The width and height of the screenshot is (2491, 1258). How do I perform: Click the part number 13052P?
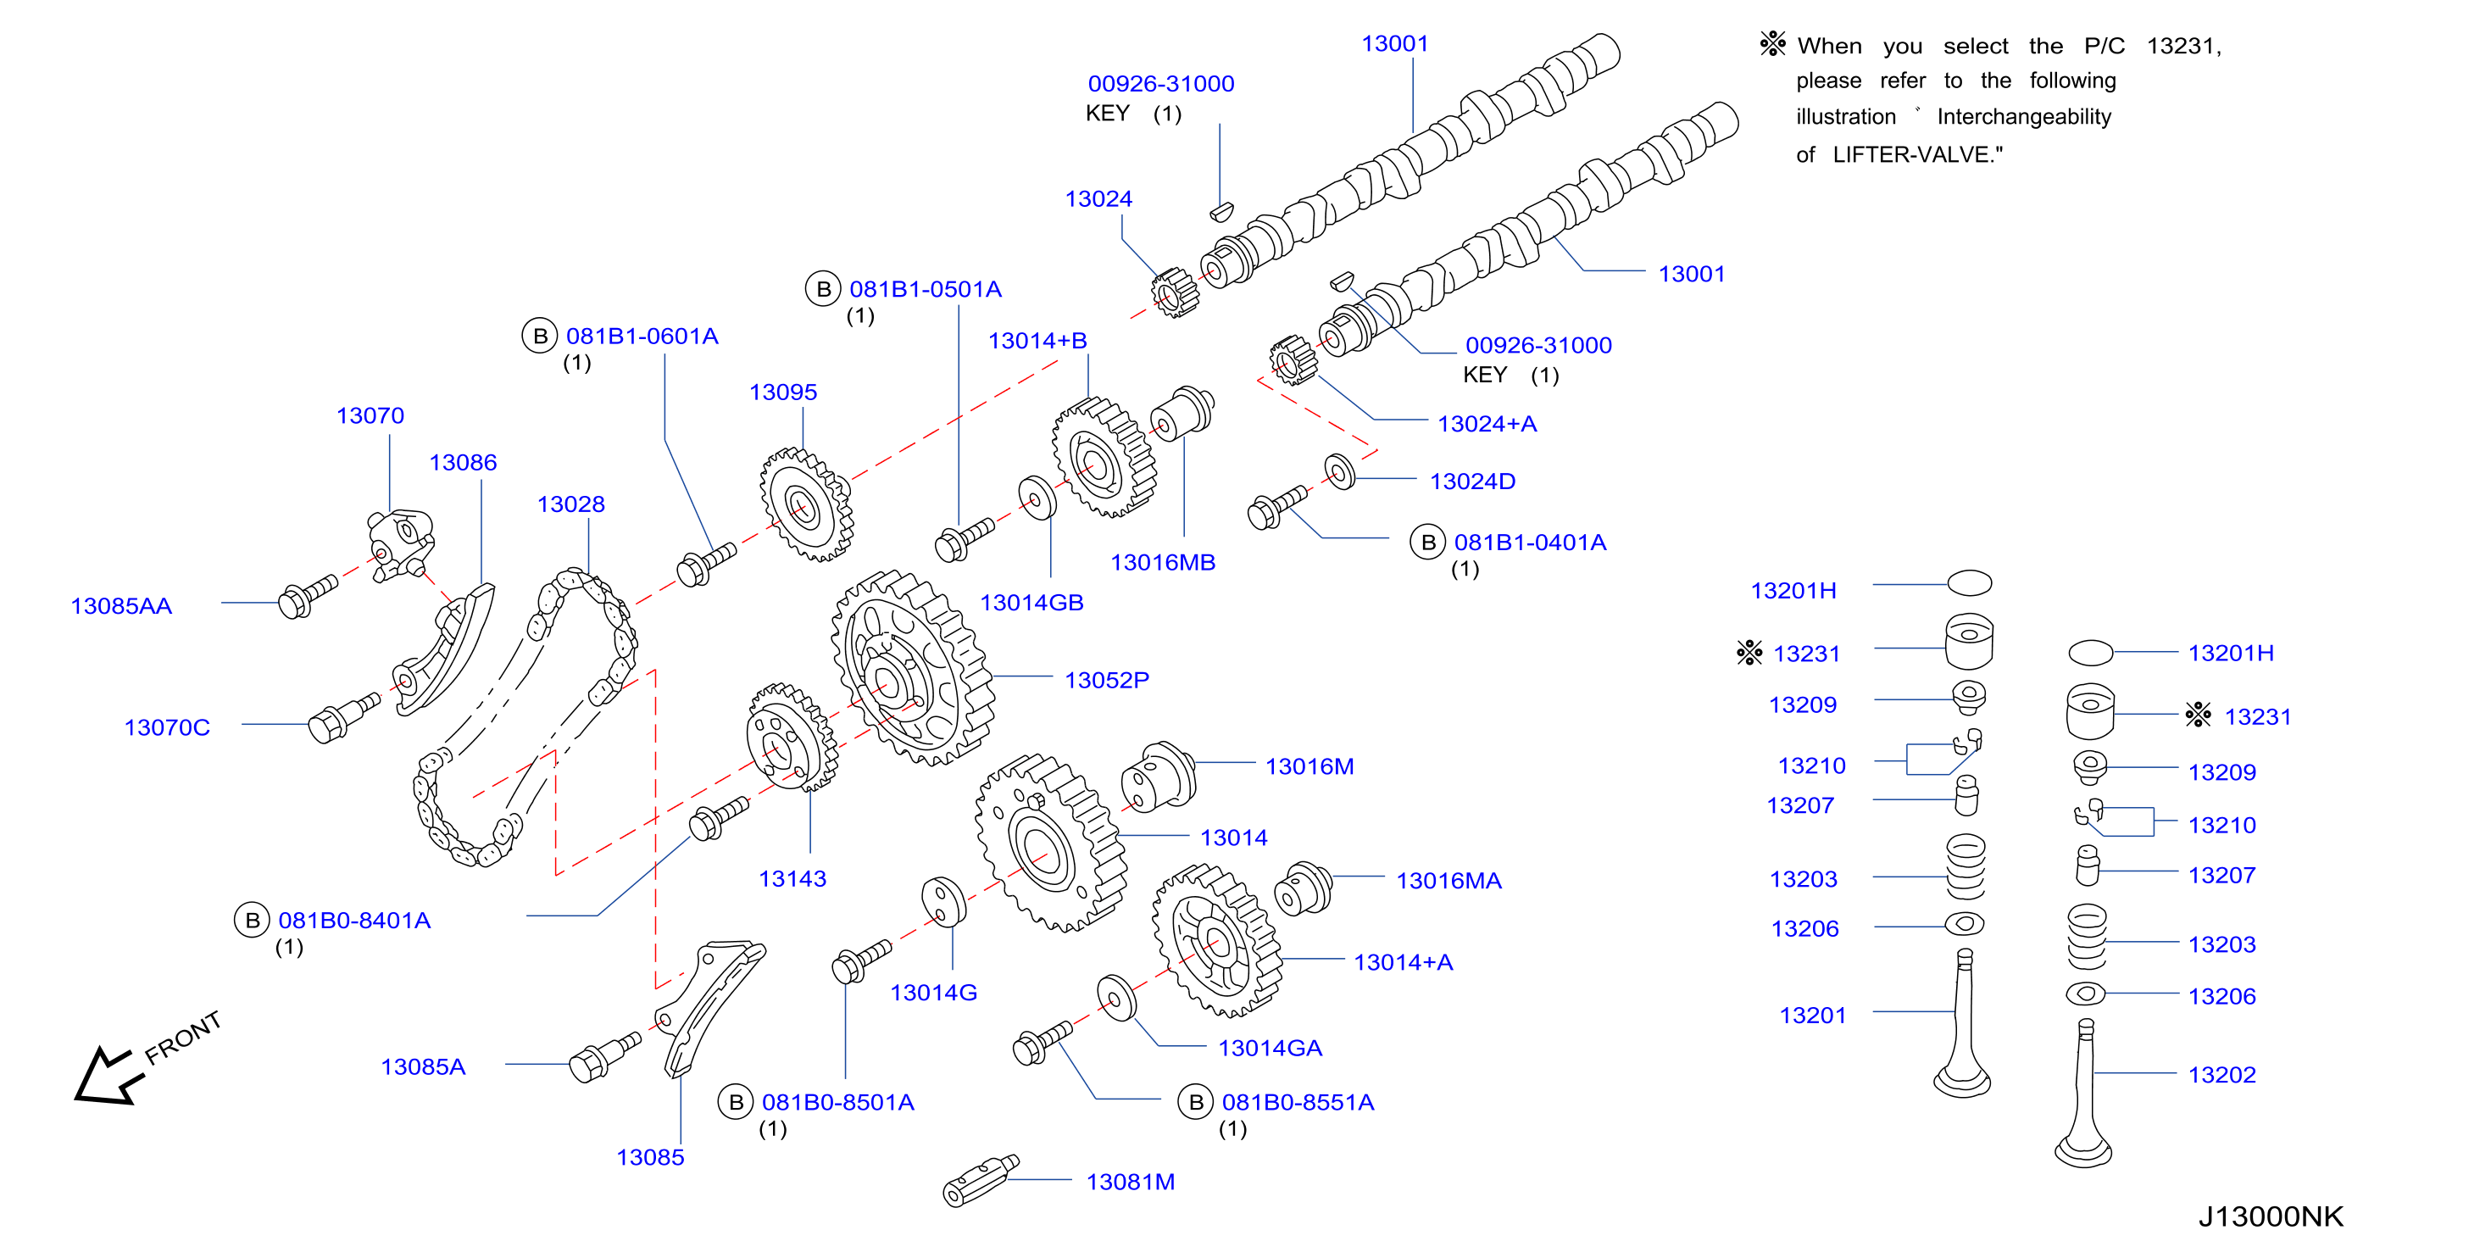(x=1106, y=680)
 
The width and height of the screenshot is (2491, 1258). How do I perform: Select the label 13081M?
(x=1130, y=1182)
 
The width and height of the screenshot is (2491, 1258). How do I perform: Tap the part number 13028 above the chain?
(x=570, y=504)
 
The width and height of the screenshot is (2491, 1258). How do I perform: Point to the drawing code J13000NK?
(x=2271, y=1216)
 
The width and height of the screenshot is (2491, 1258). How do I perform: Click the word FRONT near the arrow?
(x=183, y=1038)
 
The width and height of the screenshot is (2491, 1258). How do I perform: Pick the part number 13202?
(x=2221, y=1074)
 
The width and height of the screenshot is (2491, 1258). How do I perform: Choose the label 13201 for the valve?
(x=1812, y=1016)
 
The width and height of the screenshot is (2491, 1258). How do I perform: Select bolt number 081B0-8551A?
(x=1298, y=1102)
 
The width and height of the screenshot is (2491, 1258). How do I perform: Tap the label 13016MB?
(x=1162, y=562)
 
